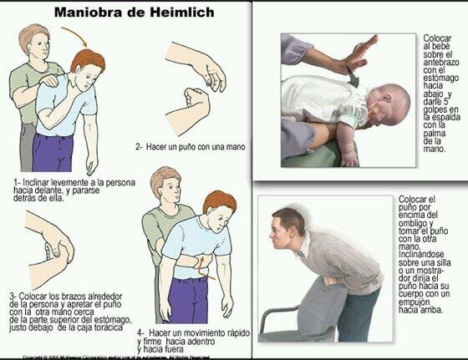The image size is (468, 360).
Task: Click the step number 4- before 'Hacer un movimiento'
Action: pos(141,332)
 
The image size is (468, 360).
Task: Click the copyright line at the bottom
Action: pos(125,356)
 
